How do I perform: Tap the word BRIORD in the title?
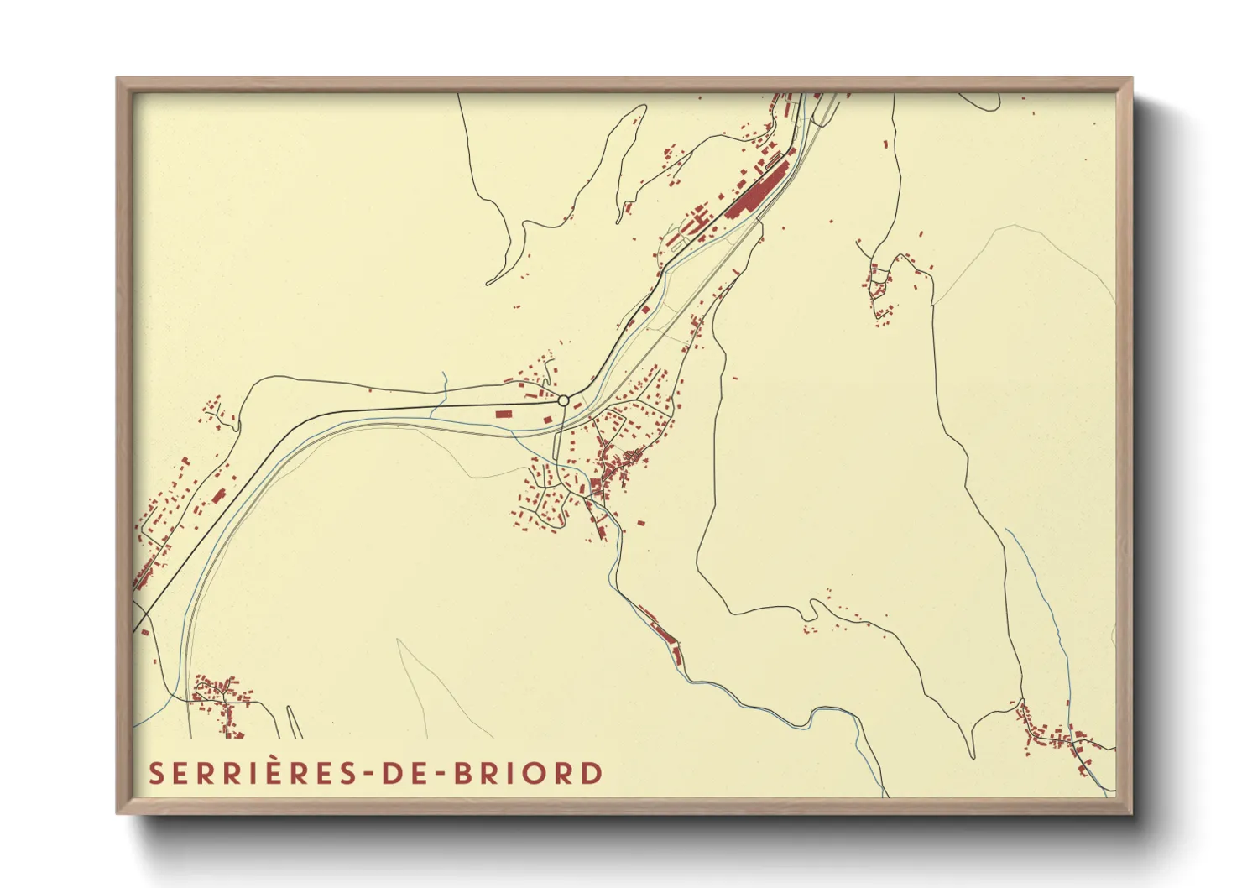point(528,773)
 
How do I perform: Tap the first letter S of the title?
point(156,773)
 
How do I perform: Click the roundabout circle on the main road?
point(564,400)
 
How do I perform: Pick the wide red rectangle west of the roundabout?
point(504,413)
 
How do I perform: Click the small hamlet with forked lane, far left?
point(216,414)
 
